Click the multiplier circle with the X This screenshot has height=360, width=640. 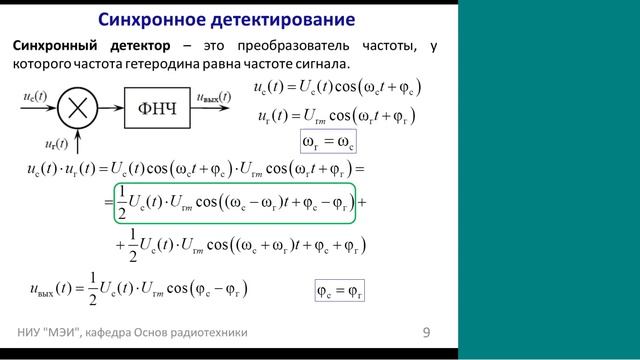coord(76,104)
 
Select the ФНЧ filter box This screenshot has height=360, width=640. coord(156,104)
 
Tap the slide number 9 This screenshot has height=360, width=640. coord(426,331)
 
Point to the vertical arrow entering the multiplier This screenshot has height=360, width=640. coord(76,132)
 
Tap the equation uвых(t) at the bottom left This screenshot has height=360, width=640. coord(139,290)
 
